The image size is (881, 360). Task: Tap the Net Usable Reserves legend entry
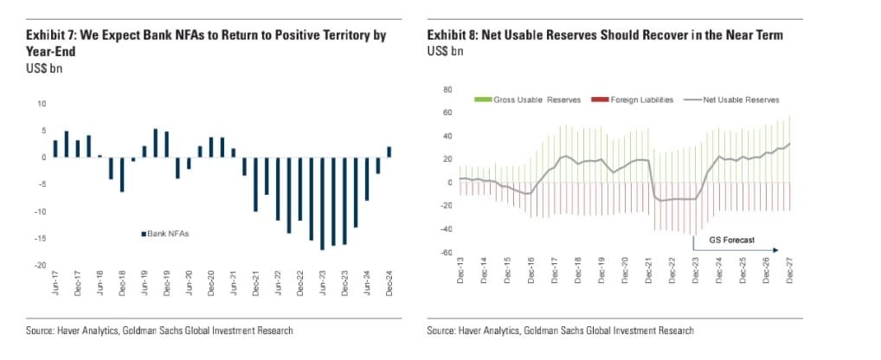736,100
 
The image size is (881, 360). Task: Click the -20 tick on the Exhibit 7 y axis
40,265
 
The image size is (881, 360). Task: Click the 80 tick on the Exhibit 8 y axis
447,89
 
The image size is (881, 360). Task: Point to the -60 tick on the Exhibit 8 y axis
446,252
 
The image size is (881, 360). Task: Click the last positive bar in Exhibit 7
389,151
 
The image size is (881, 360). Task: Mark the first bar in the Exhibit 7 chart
56,148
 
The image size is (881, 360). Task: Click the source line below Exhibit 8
560,331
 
